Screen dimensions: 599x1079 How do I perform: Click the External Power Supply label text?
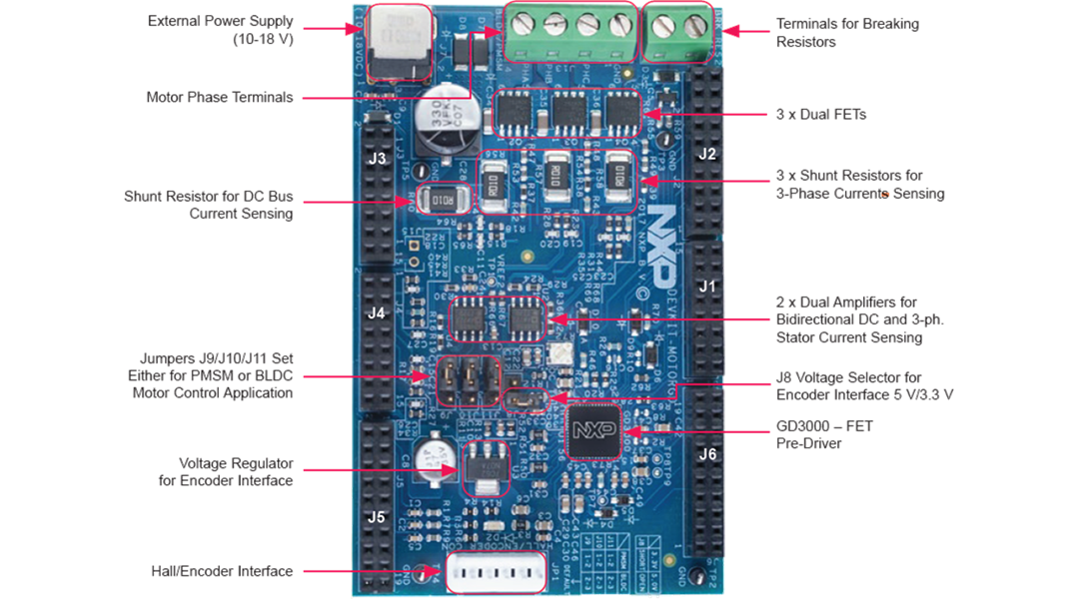click(220, 30)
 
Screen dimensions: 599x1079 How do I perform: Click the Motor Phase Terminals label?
click(219, 98)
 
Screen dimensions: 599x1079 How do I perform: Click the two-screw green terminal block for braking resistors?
click(678, 32)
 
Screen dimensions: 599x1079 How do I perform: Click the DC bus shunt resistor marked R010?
click(437, 201)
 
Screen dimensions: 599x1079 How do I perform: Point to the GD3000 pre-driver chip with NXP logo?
click(593, 431)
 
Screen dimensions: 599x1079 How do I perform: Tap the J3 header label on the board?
click(377, 159)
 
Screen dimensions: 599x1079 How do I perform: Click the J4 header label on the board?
click(376, 313)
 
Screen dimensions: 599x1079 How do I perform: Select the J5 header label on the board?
click(376, 517)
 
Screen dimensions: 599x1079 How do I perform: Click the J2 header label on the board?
click(706, 154)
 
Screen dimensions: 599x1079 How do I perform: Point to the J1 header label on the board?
click(706, 287)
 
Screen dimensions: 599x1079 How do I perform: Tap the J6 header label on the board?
click(706, 454)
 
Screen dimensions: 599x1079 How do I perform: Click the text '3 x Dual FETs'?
click(820, 115)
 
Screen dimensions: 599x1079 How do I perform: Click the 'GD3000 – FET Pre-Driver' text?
click(824, 434)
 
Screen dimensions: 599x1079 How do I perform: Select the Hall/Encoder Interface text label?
click(222, 572)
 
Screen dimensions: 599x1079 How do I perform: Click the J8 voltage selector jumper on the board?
click(525, 401)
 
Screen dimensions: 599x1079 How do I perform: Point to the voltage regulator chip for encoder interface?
click(487, 467)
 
